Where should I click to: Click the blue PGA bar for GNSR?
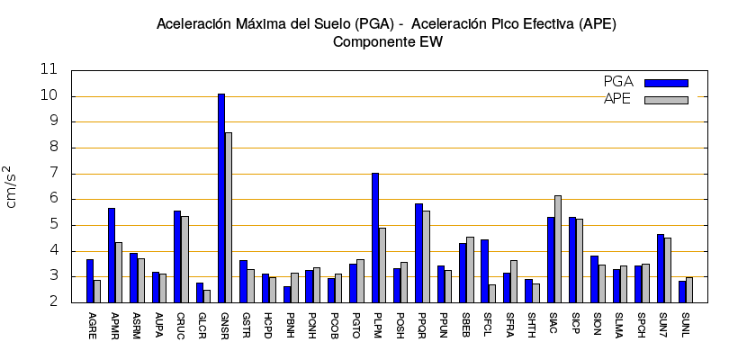coord(221,198)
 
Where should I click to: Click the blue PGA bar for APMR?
coord(112,256)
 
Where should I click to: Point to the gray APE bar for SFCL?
coord(492,293)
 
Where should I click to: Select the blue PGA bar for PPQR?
coord(418,253)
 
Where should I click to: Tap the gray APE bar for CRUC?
coord(184,259)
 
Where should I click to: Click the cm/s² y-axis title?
coord(12,186)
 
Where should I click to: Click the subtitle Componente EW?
coord(387,41)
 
